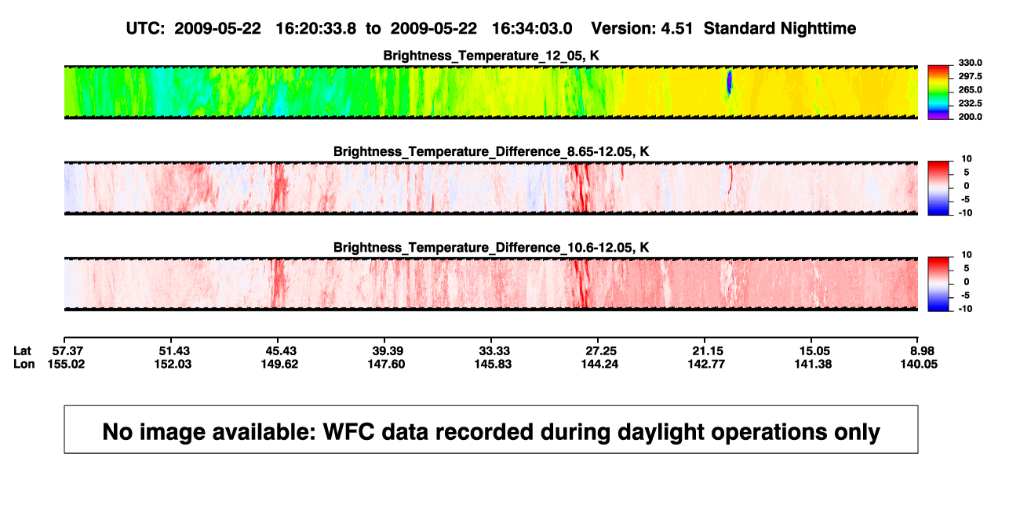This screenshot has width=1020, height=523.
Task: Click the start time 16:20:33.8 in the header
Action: pos(316,29)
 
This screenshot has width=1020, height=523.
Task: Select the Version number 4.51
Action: pos(676,29)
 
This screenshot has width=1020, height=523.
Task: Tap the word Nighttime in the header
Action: pos(818,29)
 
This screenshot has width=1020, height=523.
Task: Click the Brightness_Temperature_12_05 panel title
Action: pos(491,56)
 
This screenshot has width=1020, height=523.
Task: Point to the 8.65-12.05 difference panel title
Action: pos(491,151)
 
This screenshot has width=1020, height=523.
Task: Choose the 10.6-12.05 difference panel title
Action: pos(491,248)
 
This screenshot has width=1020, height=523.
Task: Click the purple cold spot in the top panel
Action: pos(729,82)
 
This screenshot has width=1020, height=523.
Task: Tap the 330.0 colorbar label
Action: pos(970,63)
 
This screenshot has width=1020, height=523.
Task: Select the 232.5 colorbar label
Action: pos(970,104)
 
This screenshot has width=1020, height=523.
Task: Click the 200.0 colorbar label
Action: pos(970,117)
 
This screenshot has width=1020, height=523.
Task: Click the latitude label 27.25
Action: pos(600,351)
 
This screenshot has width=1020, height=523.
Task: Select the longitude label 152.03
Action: pos(173,364)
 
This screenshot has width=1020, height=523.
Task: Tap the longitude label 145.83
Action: pos(493,364)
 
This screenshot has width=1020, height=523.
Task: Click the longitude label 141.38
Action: pos(813,364)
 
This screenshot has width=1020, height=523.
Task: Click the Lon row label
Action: pos(24,364)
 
